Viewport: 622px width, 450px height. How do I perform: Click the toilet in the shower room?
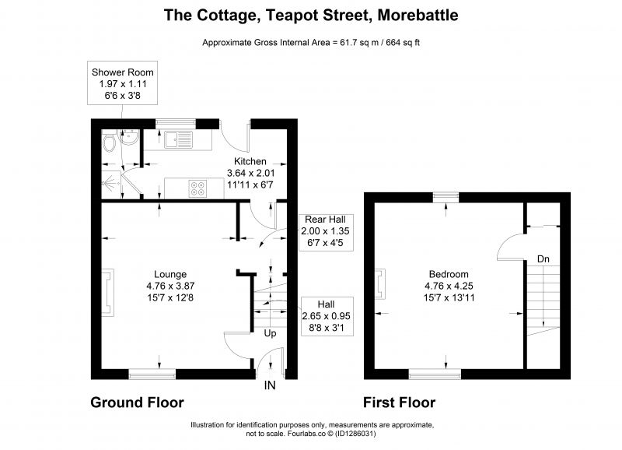[109, 143]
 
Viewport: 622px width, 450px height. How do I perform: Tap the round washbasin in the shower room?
[129, 138]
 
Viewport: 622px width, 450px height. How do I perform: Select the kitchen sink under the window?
[179, 139]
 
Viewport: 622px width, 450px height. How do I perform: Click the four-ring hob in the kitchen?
[197, 188]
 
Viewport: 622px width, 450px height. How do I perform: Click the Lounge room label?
[170, 274]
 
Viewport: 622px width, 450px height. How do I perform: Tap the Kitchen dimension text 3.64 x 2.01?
[250, 173]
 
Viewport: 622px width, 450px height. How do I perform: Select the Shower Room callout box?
[123, 83]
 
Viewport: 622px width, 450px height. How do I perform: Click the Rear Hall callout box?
[326, 232]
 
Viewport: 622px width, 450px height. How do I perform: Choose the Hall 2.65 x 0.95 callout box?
[327, 316]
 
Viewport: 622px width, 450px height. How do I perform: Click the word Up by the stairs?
[270, 333]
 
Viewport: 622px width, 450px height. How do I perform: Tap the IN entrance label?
[270, 385]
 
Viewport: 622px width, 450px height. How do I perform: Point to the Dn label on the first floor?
[543, 259]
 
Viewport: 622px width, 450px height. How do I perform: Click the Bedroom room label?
[449, 274]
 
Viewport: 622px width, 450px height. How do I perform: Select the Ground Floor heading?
[138, 403]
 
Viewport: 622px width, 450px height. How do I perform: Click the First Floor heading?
[400, 403]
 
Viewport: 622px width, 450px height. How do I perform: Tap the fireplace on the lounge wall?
[108, 292]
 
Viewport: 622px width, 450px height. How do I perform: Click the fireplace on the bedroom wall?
[380, 283]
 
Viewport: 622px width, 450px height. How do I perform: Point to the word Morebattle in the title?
[418, 15]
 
